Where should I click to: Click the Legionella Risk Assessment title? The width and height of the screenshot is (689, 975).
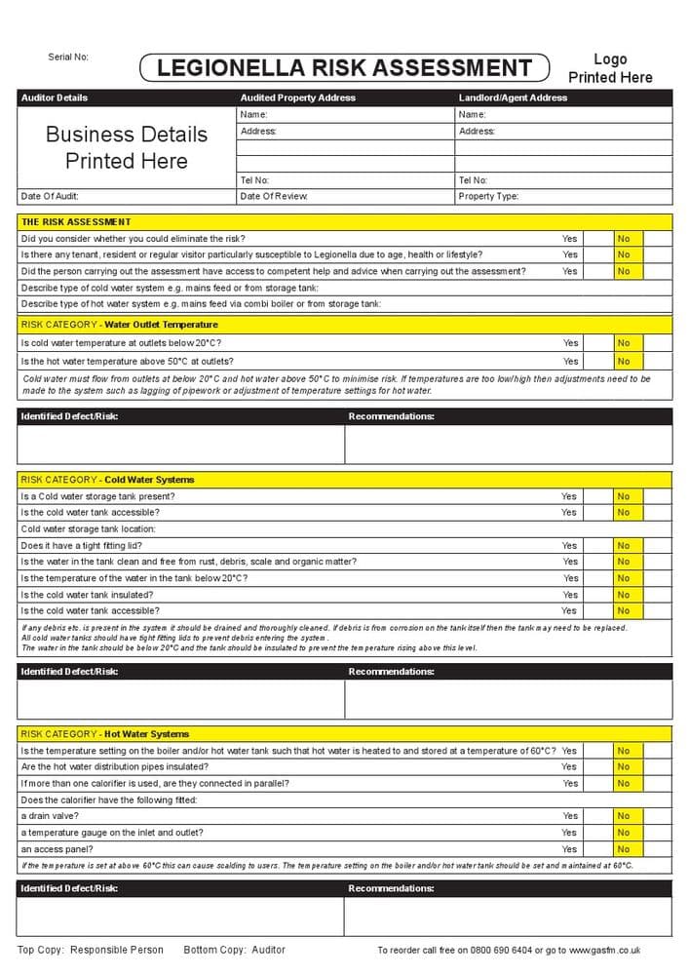[x=345, y=67]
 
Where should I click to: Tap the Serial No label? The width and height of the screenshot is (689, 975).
[x=68, y=57]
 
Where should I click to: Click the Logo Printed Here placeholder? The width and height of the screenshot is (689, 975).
[x=610, y=68]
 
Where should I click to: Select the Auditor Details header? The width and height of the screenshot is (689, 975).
[x=55, y=97]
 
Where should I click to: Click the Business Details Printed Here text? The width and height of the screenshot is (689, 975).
[x=127, y=147]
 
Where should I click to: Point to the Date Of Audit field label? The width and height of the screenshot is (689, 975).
[x=50, y=196]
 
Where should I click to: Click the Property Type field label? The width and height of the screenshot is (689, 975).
[x=488, y=196]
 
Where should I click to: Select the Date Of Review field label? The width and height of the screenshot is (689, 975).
[x=274, y=196]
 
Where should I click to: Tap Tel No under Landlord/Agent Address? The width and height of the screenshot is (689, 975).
[x=473, y=180]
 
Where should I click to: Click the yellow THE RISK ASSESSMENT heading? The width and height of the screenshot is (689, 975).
[x=76, y=222]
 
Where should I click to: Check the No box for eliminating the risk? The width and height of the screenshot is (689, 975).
[x=624, y=239]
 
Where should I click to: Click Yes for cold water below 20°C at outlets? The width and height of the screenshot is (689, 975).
[x=570, y=343]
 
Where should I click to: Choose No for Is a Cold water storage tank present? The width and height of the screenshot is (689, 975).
[x=624, y=496]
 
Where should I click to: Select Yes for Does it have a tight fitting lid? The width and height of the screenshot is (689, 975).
[x=569, y=546]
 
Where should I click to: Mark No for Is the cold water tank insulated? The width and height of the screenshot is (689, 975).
[x=624, y=595]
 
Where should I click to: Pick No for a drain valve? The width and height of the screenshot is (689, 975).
[x=624, y=816]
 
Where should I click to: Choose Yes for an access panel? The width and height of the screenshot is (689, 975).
[x=569, y=849]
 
